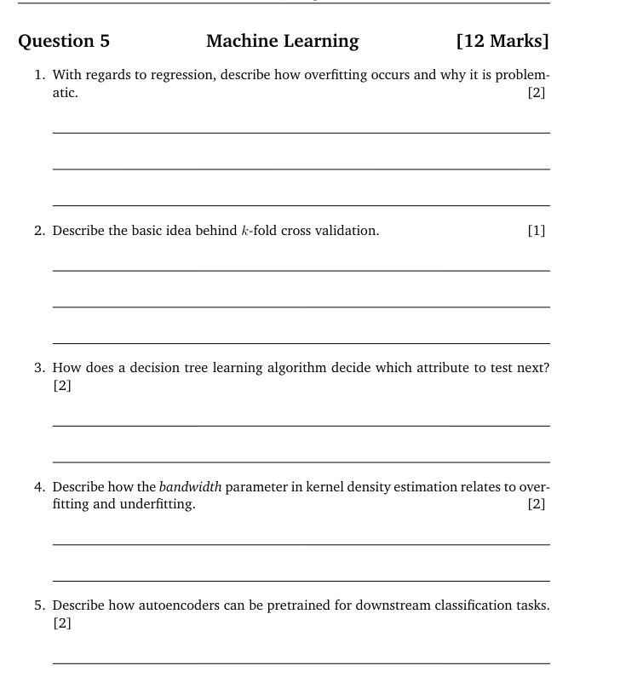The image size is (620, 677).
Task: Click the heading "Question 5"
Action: [x=64, y=41]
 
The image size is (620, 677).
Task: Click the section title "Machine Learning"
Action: [x=282, y=41]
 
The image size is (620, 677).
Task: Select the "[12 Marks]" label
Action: [x=502, y=41]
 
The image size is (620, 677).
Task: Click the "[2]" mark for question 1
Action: [x=536, y=93]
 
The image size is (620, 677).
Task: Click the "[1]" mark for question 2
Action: [x=536, y=230]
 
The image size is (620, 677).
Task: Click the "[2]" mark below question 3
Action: [x=62, y=386]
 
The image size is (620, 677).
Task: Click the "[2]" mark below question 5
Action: [x=62, y=623]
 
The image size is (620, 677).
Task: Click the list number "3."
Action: [x=40, y=368]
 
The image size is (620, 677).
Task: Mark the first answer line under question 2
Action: [x=301, y=271]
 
